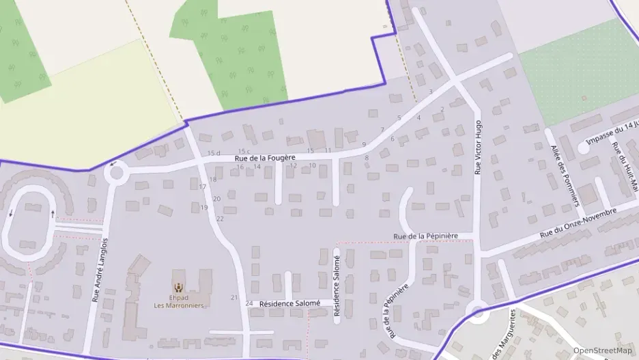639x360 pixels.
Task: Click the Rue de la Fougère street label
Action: [x=265, y=158]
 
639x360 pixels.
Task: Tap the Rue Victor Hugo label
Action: [x=479, y=148]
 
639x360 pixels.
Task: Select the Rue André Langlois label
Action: [x=100, y=270]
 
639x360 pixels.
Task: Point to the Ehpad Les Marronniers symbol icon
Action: [x=178, y=288]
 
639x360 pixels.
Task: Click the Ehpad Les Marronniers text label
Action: [x=178, y=301]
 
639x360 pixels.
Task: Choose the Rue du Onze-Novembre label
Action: [x=578, y=223]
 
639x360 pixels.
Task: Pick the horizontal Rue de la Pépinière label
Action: [x=425, y=236]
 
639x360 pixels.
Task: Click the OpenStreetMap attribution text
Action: [x=602, y=350]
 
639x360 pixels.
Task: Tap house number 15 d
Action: [x=214, y=153]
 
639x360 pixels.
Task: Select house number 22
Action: [x=220, y=219]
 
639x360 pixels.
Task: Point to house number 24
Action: [x=248, y=303]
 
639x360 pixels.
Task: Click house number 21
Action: [x=234, y=298]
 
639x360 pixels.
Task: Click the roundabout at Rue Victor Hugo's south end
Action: [x=478, y=313]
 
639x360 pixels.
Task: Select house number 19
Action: [x=204, y=208]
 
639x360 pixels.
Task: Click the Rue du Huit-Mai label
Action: [x=624, y=167]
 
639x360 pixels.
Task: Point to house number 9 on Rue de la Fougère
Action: [x=364, y=144]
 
